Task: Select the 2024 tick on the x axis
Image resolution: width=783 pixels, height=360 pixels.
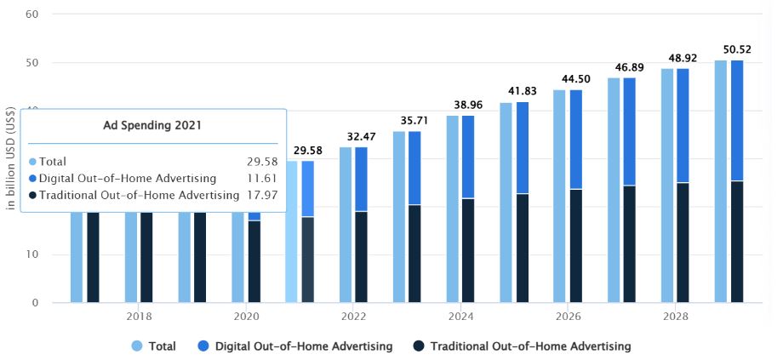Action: pos(461,316)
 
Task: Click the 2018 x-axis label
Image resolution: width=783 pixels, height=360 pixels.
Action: pos(140,316)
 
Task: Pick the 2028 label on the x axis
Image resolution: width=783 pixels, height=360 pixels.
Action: pos(676,316)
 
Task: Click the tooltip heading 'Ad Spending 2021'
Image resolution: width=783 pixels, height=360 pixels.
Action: pos(154,127)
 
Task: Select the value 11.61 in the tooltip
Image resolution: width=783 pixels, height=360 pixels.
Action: pos(261,179)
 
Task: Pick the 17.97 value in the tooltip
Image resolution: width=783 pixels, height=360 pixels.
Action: pos(261,196)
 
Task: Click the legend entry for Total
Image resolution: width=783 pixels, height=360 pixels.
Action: pos(154,346)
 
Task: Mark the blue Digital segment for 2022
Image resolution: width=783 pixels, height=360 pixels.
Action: pos(361,179)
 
